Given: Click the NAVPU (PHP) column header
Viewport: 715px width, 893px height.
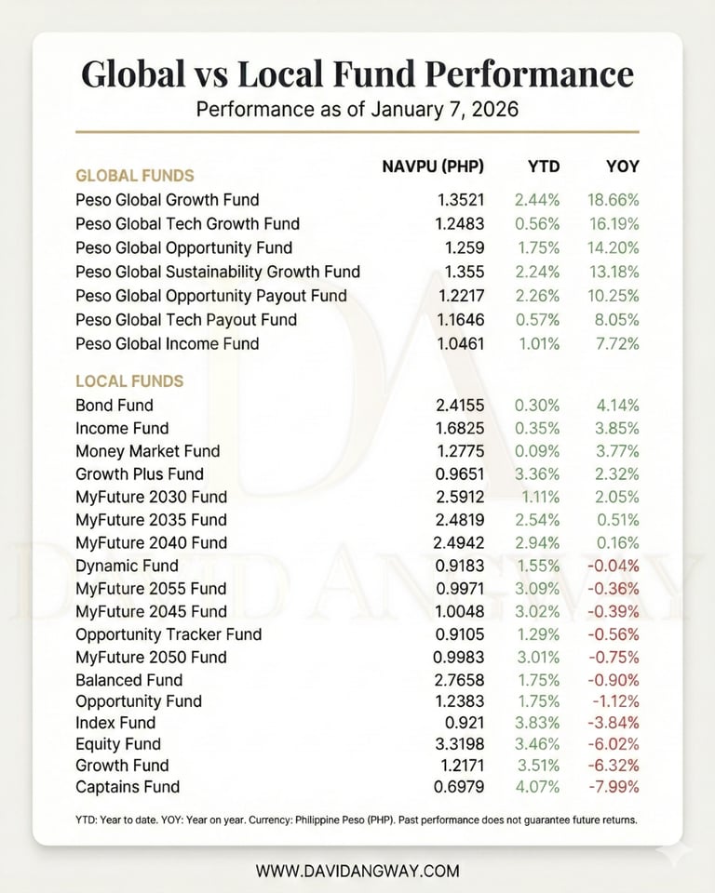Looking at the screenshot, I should pos(433,167).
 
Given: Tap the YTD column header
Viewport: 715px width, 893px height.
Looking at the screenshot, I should pos(544,167).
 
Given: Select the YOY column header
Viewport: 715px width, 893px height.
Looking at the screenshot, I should pos(623,167).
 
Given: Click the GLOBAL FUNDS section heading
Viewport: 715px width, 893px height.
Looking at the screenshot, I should pos(134,175).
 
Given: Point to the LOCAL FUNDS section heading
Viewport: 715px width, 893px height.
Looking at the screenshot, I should pos(128,381).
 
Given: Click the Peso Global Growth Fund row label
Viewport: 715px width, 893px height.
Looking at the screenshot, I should pos(167,200).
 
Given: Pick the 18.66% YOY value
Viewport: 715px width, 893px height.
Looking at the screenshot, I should pos(613,200).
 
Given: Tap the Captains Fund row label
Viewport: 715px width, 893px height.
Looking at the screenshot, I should pos(128,787).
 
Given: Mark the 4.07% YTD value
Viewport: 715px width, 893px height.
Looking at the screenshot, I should pos(537,787).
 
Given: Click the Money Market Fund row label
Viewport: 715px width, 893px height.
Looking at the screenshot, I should pos(147,451).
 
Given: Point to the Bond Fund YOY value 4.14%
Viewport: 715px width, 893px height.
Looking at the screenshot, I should pos(617,406).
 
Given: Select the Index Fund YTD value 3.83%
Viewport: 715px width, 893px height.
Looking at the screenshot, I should pos(537,723).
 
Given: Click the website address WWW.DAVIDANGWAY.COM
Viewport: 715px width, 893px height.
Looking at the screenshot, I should pos(357,872).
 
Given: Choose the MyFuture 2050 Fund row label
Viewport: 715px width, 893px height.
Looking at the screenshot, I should pos(151,657).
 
